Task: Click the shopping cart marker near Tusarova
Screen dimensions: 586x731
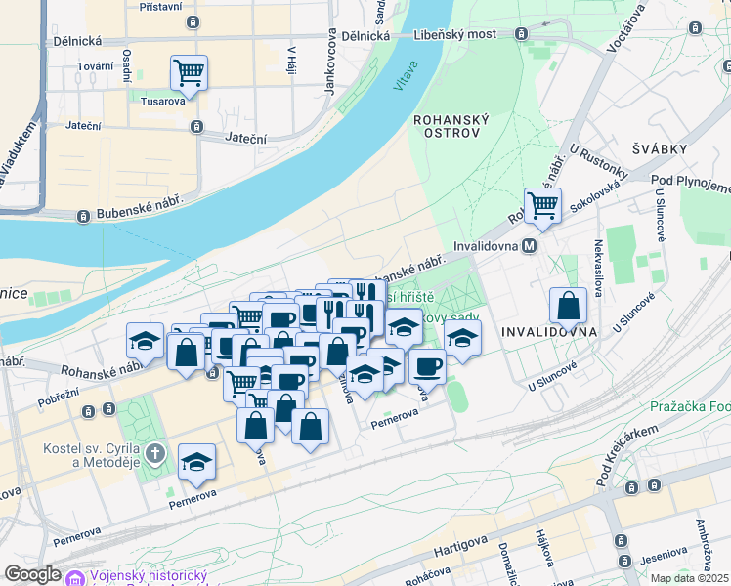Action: (189, 71)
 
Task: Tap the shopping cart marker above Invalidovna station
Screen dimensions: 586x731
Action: (542, 205)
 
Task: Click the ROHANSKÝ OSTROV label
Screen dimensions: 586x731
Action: (451, 125)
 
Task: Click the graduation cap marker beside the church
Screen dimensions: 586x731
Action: (197, 463)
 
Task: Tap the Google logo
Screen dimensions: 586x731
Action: (32, 574)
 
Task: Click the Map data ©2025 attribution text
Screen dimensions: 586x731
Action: (690, 578)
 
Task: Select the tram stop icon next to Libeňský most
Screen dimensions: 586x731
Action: (522, 34)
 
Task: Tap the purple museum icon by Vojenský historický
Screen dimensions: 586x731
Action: (74, 577)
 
